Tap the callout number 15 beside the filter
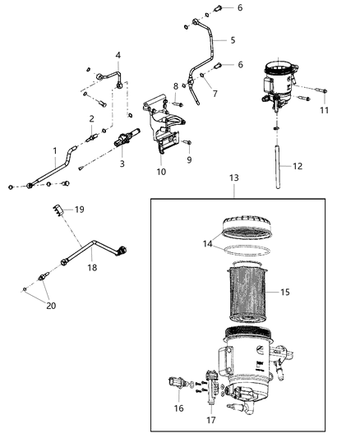pyautogui.click(x=285, y=291)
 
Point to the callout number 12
pyautogui.click(x=298, y=166)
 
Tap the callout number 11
pyautogui.click(x=324, y=110)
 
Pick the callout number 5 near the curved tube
pyautogui.click(x=233, y=39)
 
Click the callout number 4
pyautogui.click(x=118, y=55)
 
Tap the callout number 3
pyautogui.click(x=122, y=164)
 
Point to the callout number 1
pyautogui.click(x=55, y=151)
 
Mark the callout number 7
pyautogui.click(x=216, y=93)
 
